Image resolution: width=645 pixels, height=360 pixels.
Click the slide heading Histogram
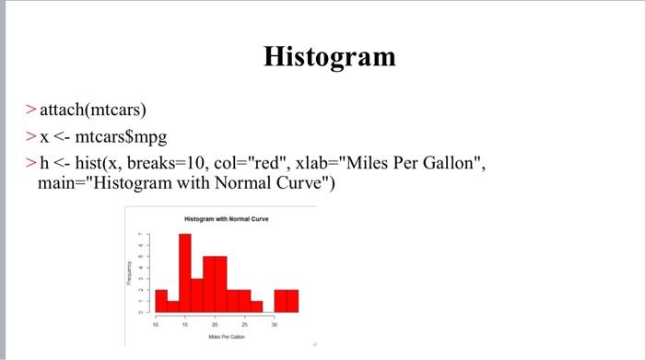329,57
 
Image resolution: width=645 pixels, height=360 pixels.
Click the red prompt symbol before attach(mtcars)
31,112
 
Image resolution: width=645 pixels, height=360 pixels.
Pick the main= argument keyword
62,184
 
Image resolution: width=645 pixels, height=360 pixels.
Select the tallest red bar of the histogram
184,273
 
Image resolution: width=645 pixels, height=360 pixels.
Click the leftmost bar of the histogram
160,300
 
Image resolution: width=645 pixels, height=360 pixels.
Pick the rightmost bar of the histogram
292,300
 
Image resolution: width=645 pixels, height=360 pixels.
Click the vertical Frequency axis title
131,273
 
